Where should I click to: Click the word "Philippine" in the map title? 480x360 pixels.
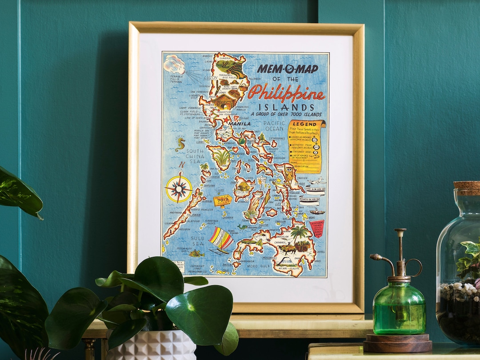286,93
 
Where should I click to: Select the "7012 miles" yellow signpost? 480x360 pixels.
222,200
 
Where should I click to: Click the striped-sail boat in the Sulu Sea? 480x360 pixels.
220,240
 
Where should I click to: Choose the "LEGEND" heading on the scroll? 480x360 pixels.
305,124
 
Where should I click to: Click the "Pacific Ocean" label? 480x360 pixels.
273,126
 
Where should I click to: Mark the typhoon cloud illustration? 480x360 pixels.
174,64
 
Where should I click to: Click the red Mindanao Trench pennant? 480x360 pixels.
317,228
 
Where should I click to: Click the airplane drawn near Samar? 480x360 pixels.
316,181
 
